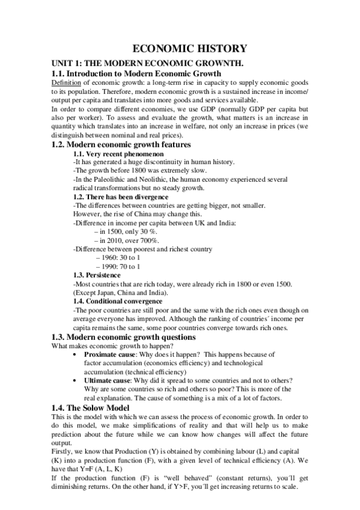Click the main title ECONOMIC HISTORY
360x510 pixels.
click(x=180, y=49)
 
